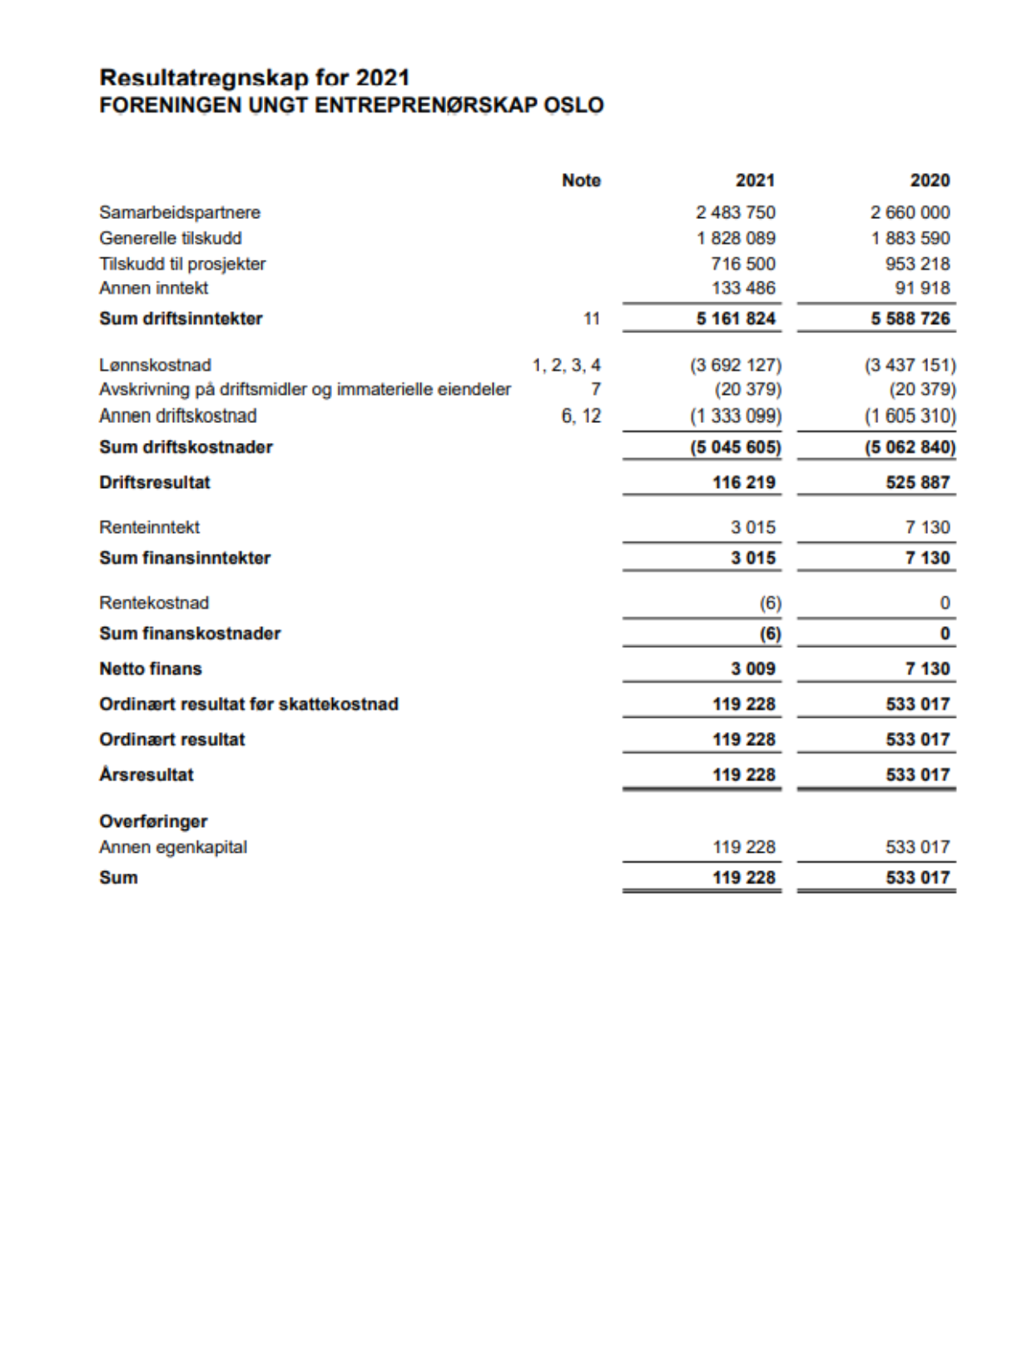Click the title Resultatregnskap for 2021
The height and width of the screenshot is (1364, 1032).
pos(255,78)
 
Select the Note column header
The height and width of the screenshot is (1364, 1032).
pos(581,181)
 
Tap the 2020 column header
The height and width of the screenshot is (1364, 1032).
pos(930,181)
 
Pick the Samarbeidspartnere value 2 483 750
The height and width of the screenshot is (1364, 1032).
pos(736,212)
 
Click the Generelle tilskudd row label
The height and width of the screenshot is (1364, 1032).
pos(171,238)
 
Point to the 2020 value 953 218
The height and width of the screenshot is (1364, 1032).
pos(917,264)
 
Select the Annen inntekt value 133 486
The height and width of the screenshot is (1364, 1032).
pos(743,288)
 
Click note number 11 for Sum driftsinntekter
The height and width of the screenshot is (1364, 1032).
pos(591,319)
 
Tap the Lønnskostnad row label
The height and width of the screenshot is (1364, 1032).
pos(155,365)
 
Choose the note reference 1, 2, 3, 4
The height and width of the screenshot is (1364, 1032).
pos(566,365)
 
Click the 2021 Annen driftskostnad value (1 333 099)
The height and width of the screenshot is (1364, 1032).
pos(736,416)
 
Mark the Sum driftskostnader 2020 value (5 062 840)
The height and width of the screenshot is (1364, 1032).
pos(910,447)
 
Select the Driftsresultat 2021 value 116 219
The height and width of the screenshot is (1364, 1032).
pos(743,483)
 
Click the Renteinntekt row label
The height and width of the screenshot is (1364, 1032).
pos(149,527)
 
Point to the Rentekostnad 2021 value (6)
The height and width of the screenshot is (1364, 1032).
pos(770,603)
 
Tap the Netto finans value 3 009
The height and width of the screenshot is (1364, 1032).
pos(753,669)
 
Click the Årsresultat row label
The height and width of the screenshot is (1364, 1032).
pos(146,774)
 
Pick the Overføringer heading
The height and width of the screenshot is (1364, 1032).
pos(153,822)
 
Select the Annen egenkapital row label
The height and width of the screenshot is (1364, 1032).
pos(173,847)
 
